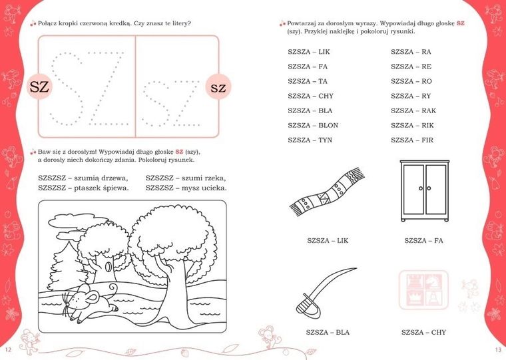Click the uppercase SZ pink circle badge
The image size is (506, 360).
39,87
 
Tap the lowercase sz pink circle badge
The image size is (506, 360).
218,87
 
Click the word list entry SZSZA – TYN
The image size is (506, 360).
310,140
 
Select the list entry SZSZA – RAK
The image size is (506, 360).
413,110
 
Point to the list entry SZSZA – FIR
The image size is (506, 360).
412,140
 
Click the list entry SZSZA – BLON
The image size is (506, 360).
313,125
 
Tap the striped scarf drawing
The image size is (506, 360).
327,192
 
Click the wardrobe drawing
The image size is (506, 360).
424,190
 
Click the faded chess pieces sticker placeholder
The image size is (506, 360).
423,290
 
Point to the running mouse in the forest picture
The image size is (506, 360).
91,302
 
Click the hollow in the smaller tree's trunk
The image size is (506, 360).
109,266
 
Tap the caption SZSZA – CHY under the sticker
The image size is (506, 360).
423,332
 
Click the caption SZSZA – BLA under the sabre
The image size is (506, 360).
328,332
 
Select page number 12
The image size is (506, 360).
8,349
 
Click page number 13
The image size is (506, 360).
498,349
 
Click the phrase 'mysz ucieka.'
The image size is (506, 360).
204,188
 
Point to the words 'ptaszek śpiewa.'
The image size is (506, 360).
101,188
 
